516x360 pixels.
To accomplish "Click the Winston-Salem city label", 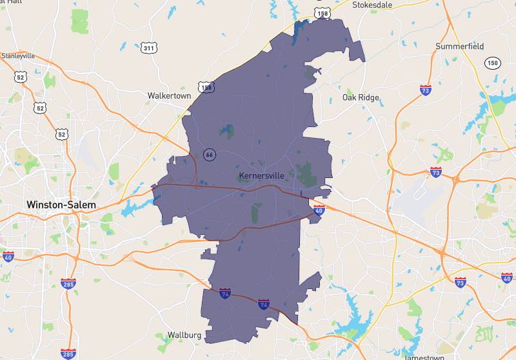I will click(61, 205).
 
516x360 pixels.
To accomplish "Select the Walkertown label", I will click(169, 95).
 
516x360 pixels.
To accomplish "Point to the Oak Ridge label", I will click(361, 98).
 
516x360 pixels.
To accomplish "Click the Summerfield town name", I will click(459, 46).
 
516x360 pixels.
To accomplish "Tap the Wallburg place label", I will click(184, 335).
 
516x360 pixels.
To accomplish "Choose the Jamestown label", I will click(424, 357).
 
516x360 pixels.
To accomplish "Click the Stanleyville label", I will click(19, 55).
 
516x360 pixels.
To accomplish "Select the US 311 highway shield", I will click(149, 48).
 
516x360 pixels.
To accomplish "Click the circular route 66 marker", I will click(209, 155).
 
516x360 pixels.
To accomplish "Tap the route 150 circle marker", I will click(493, 63).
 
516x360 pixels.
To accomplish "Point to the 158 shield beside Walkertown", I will click(206, 87).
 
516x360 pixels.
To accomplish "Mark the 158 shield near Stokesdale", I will click(322, 12).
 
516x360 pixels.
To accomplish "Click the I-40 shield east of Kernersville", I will click(319, 210).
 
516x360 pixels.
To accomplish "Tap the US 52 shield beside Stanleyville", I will click(20, 77).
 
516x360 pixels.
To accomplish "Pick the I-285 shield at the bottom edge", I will click(68, 354).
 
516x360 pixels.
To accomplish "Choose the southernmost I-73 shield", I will click(460, 283).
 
